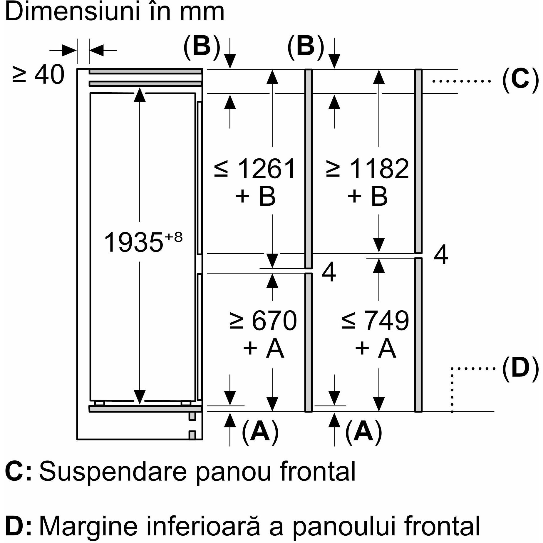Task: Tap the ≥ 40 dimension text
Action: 38,75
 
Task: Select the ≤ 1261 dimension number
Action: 255,169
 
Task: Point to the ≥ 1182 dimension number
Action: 367,169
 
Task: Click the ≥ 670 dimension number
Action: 263,321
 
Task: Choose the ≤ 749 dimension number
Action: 376,321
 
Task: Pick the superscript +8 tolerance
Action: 174,237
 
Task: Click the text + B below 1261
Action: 256,196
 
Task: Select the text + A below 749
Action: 376,348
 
